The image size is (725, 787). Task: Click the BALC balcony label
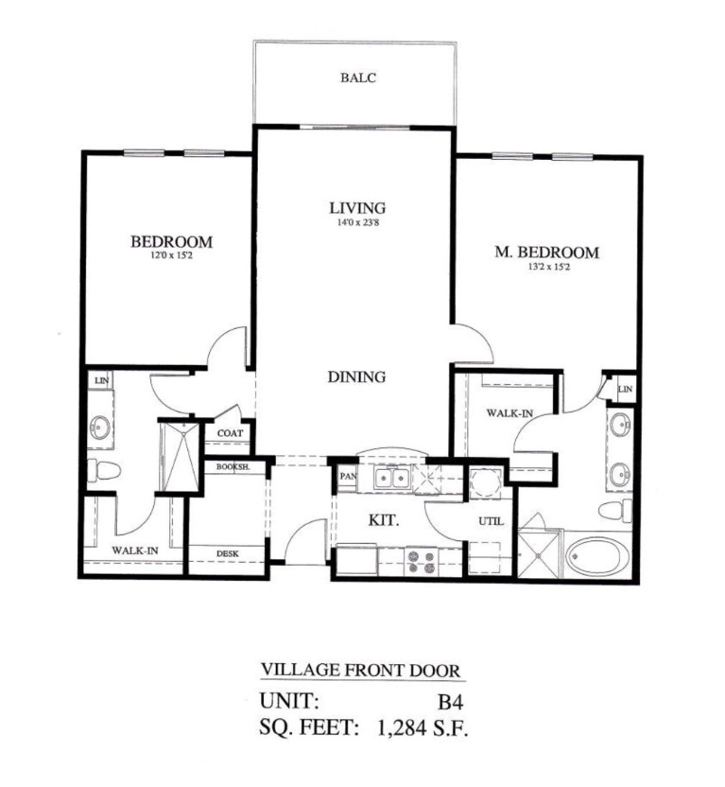[x=358, y=78]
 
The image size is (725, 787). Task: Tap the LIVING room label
[x=357, y=207]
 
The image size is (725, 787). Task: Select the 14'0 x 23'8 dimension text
[x=357, y=222]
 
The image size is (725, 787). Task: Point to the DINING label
[x=357, y=376]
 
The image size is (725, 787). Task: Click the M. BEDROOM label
[x=547, y=252]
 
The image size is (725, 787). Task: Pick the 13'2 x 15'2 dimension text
[x=549, y=267]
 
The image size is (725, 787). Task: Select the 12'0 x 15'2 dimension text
[x=172, y=256]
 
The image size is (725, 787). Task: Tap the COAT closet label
[x=230, y=432]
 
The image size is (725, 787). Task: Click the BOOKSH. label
[x=233, y=466]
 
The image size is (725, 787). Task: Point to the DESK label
[x=228, y=553]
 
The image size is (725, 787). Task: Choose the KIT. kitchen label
[x=384, y=520]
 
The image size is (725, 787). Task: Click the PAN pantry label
[x=348, y=476]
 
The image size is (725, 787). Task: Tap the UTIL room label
[x=491, y=521]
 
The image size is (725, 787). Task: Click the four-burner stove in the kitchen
[x=422, y=562]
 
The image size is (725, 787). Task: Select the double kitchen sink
[x=392, y=478]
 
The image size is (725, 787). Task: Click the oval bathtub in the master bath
[x=598, y=555]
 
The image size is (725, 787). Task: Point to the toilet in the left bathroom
[x=104, y=470]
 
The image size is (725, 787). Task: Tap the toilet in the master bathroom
[x=615, y=511]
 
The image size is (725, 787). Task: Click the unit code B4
[x=450, y=702]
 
